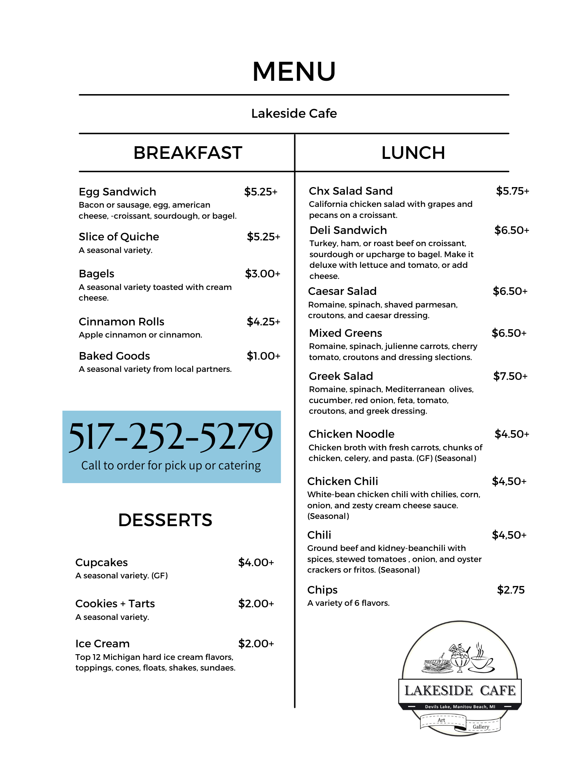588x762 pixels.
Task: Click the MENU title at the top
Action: [x=294, y=72]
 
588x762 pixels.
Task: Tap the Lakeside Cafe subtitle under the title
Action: [x=294, y=114]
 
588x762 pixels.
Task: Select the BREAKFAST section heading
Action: [x=188, y=153]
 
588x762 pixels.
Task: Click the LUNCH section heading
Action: [x=413, y=153]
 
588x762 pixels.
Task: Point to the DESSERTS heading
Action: [x=165, y=520]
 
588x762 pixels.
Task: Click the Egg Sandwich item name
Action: [x=117, y=192]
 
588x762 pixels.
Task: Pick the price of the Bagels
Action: [x=262, y=274]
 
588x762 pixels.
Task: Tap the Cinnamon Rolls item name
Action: [x=121, y=322]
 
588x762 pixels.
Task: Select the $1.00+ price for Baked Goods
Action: [x=263, y=356]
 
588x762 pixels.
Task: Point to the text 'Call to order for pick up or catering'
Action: [x=171, y=466]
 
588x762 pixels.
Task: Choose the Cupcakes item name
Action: [x=101, y=562]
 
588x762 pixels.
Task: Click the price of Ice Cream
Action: [x=256, y=644]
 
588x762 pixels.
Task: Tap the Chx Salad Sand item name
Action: [x=351, y=191]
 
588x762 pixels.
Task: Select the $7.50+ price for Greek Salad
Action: [x=510, y=376]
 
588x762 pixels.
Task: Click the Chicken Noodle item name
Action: [x=351, y=434]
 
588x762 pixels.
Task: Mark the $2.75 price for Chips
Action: [x=511, y=590]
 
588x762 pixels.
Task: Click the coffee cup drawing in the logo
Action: [x=481, y=661]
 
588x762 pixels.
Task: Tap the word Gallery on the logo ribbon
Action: [x=481, y=727]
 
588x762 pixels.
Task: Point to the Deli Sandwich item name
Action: [x=348, y=230]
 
